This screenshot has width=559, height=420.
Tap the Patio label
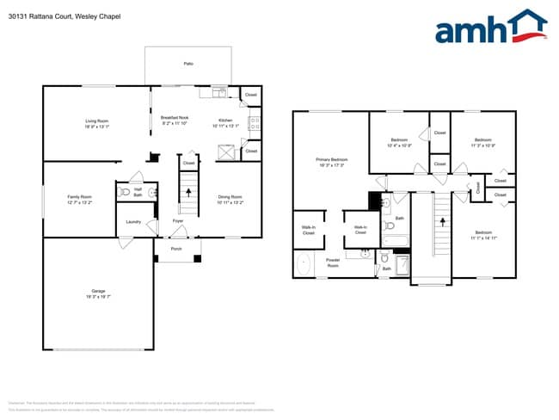coord(188,64)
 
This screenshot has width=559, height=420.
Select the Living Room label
coord(96,123)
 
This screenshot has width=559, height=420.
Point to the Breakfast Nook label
coord(175,120)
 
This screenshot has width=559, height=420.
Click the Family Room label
coord(80,199)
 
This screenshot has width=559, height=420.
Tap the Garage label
coord(99,293)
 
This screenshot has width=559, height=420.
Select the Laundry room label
coord(133,222)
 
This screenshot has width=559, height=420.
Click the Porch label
coord(176,249)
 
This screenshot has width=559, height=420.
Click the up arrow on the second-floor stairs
coord(443,221)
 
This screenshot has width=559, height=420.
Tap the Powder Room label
coord(332,263)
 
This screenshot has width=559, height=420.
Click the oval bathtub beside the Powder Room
coord(304,264)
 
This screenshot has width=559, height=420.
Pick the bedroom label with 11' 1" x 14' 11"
coord(483,234)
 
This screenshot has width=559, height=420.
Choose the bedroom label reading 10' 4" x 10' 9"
coord(399,142)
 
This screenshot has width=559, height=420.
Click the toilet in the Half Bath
coord(126,192)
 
